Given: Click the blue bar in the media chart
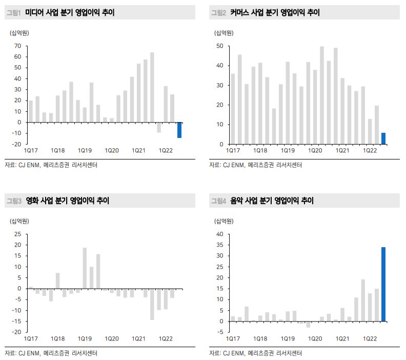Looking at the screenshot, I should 179,130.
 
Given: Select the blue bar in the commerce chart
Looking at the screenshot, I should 383,138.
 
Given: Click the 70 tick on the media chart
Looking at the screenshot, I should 18,46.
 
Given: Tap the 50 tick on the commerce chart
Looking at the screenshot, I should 219,46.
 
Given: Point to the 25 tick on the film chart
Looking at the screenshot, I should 18,234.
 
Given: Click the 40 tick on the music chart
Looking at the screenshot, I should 219,234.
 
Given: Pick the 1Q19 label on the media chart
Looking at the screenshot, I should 85,150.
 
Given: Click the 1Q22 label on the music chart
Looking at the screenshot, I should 371,339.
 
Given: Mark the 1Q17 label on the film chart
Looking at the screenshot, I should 30,339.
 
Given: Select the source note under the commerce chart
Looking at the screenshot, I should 255,165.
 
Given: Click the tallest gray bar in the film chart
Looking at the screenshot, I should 85,268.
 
